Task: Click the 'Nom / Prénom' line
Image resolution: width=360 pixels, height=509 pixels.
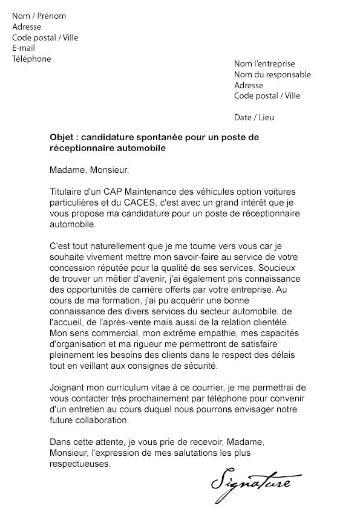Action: pyautogui.click(x=39, y=16)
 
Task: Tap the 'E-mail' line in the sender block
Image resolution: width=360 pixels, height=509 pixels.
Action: pyautogui.click(x=24, y=48)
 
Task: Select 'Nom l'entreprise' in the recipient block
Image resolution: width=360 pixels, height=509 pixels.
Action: pyautogui.click(x=264, y=63)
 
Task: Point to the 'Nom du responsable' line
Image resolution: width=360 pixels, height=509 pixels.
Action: pyautogui.click(x=272, y=74)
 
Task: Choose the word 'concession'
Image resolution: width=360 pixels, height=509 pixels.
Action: pyautogui.click(x=73, y=267)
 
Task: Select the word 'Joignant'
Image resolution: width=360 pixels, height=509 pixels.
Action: pyautogui.click(x=67, y=387)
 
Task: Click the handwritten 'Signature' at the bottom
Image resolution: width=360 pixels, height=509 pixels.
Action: pyautogui.click(x=252, y=483)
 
